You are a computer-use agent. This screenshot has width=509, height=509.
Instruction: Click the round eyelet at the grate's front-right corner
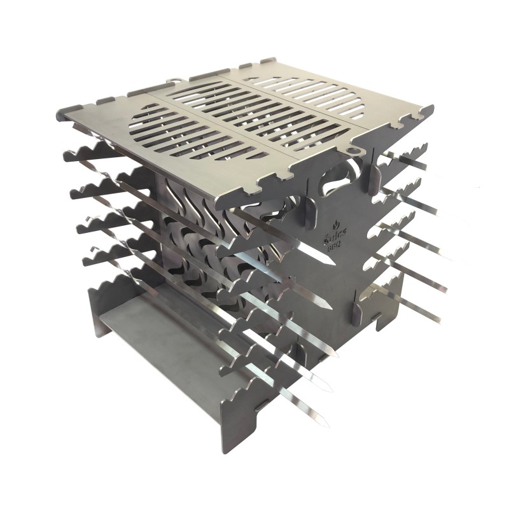pyautogui.click(x=355, y=150)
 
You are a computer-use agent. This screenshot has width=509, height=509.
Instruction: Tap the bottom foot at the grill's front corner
pyautogui.click(x=232, y=439)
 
